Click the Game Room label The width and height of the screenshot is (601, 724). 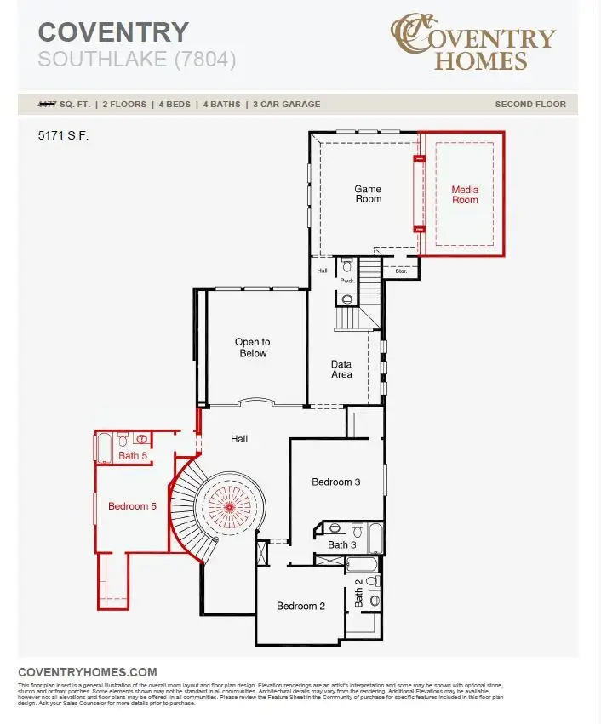tap(368, 194)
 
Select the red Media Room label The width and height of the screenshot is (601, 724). tap(465, 195)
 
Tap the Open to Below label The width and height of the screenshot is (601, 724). tap(252, 348)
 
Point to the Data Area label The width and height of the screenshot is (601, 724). tap(341, 369)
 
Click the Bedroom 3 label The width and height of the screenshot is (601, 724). tap(335, 482)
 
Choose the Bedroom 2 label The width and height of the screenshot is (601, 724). tap(301, 607)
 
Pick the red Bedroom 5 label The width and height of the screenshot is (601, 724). tap(132, 506)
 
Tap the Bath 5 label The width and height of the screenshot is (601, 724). tap(133, 456)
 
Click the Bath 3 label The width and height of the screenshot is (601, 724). tap(342, 544)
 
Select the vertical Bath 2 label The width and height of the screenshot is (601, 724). tap(358, 593)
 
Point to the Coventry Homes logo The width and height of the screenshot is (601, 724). tap(473, 42)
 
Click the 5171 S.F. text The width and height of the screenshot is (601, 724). tap(63, 135)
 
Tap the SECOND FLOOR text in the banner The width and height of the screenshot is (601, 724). tap(530, 105)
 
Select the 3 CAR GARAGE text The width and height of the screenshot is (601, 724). tap(286, 105)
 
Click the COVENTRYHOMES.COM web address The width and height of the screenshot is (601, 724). tap(87, 672)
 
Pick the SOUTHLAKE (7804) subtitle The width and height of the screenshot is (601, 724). tap(137, 60)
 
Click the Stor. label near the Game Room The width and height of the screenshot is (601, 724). tap(400, 271)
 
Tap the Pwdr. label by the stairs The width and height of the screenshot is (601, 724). tap(346, 279)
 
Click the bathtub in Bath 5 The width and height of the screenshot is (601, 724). tap(104, 445)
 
